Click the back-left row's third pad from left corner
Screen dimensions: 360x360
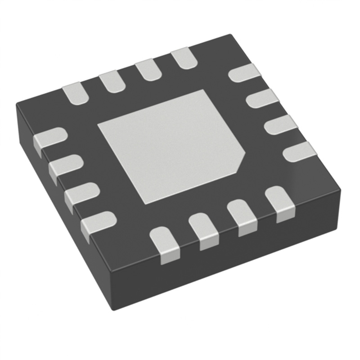coord(148,70)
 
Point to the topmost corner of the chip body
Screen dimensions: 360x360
coord(231,35)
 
